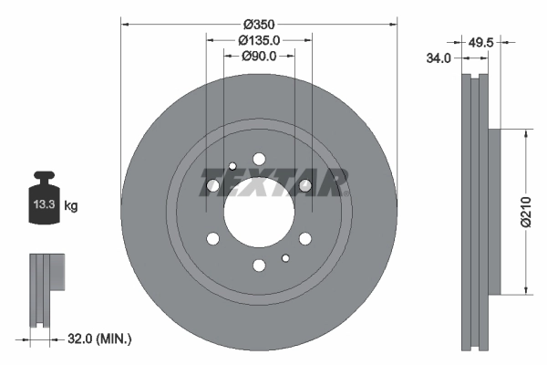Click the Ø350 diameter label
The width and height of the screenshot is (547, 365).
[259, 25]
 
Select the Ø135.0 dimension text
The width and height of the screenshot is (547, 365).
[259, 40]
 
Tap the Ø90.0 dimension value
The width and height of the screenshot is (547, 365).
[259, 56]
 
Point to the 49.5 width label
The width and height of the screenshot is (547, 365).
[480, 43]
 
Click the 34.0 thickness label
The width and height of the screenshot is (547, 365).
[439, 58]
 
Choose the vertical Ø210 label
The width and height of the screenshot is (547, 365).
[526, 212]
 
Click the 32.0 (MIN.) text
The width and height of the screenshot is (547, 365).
[99, 339]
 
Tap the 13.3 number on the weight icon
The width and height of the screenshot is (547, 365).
[45, 204]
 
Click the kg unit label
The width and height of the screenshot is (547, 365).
[71, 205]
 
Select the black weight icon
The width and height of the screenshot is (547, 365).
[45, 197]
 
